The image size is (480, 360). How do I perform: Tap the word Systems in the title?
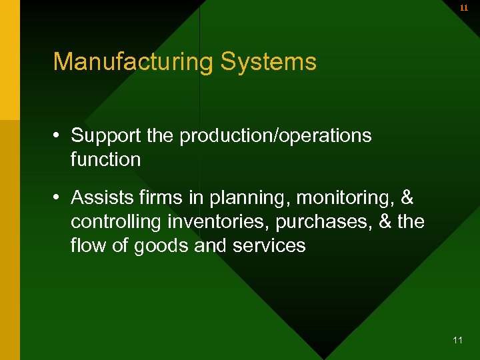269,62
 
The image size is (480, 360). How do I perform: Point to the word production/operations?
275,136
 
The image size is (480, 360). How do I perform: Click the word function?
105,159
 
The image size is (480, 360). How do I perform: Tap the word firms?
159,198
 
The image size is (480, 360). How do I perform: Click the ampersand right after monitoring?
408,198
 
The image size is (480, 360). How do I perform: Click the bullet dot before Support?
58,137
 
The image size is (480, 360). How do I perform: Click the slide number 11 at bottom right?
457,340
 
